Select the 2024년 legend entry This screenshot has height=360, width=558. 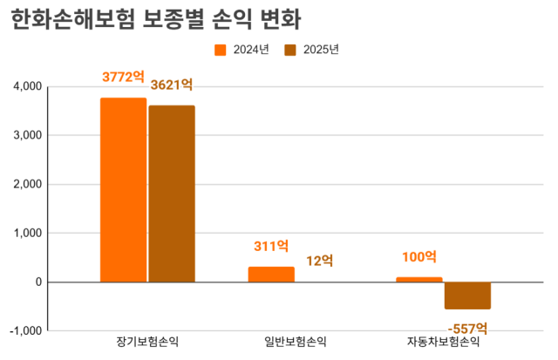(x=242, y=49)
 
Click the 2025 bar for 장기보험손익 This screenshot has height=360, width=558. (x=172, y=194)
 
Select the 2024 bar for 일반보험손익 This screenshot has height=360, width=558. (x=271, y=274)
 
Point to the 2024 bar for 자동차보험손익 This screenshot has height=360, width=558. (x=419, y=279)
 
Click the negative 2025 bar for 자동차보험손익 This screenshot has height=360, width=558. (x=467, y=295)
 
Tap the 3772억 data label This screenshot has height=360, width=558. (x=123, y=77)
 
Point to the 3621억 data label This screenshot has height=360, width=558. (x=171, y=85)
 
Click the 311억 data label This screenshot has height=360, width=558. (x=271, y=246)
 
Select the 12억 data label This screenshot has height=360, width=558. (x=320, y=260)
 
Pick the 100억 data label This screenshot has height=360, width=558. (x=419, y=256)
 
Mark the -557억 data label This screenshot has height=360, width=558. (x=467, y=328)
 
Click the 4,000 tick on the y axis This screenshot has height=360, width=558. (x=27, y=87)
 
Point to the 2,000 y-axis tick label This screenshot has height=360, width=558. (x=27, y=185)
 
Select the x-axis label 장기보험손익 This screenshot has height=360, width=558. (x=147, y=341)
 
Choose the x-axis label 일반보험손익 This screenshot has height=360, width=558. (x=296, y=341)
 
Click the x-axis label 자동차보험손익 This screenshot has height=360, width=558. (x=443, y=341)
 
